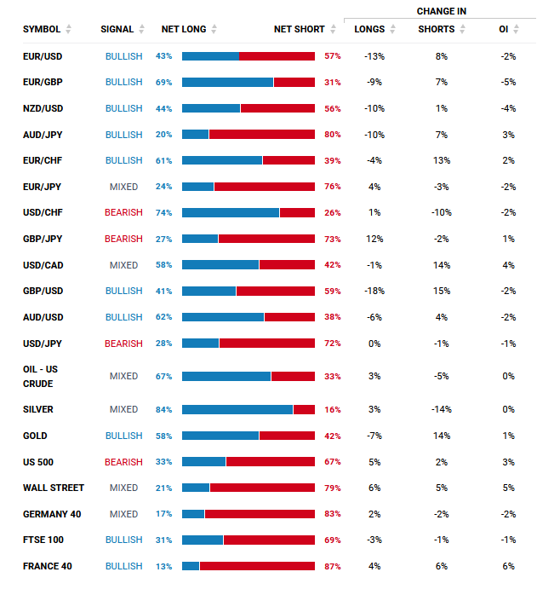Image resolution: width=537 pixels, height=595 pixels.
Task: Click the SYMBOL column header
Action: click(42, 29)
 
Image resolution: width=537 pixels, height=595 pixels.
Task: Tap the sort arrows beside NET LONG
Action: click(214, 29)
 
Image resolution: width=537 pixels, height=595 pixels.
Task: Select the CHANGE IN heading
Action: click(442, 11)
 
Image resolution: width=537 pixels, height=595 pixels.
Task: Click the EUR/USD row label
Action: click(43, 56)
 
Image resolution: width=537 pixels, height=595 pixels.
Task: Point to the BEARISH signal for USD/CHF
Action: click(123, 213)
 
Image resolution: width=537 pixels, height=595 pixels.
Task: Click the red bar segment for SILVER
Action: click(304, 409)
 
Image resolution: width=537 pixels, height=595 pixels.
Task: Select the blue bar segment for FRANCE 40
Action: click(191, 566)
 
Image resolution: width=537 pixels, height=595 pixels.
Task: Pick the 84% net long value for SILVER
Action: click(163, 409)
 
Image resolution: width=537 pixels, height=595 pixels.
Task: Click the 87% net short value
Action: click(333, 566)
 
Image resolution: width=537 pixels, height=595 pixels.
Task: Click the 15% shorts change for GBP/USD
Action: click(441, 292)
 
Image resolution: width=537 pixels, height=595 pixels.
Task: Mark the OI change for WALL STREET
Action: click(508, 488)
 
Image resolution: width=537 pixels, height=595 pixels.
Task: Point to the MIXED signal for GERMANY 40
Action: click(123, 514)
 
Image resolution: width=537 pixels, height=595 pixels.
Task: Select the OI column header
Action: click(504, 29)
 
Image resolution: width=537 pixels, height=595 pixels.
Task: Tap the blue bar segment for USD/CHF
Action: click(231, 213)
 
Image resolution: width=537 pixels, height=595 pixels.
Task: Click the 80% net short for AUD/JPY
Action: click(333, 135)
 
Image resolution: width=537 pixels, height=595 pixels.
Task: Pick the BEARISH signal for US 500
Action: click(123, 461)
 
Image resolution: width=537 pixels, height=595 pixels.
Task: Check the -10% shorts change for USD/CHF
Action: click(441, 213)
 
